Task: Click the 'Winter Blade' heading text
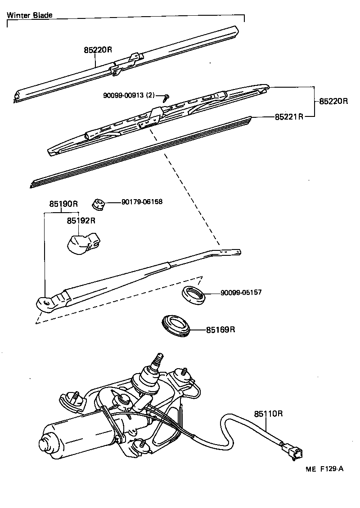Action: pos(30,15)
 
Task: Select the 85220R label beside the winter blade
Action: pos(98,50)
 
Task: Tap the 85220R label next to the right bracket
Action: pos(334,101)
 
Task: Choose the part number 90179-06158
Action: pos(142,202)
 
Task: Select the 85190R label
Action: pos(63,204)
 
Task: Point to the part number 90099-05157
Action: pos(241,292)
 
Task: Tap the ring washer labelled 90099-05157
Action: pos(193,294)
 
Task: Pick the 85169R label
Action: pos(221,330)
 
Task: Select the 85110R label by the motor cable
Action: pos(268,413)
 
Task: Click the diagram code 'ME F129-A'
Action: pos(324,468)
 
